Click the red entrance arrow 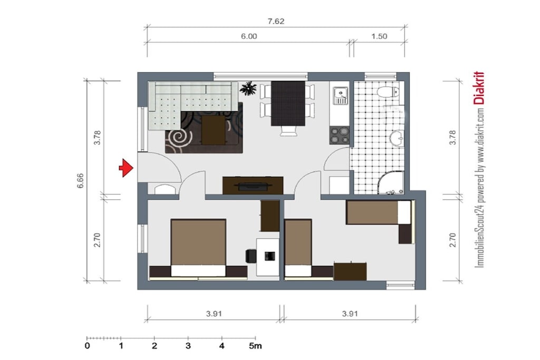126,168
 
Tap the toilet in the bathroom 388,92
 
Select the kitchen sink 340,95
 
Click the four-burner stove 340,135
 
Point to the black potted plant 248,89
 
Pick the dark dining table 288,103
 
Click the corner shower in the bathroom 391,182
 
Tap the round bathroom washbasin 397,138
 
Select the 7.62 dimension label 276,21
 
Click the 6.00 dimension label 249,36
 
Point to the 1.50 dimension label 379,36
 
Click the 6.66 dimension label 80,180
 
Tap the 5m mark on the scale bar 255,346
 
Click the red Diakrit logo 479,88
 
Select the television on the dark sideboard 253,187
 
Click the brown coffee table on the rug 213,130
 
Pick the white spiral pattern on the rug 179,138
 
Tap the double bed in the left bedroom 198,247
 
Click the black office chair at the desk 251,256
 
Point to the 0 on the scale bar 87,346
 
